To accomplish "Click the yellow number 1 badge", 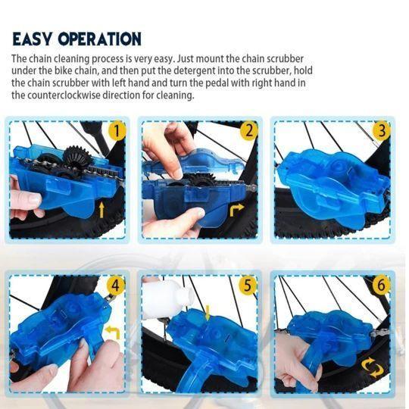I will tap(116, 131).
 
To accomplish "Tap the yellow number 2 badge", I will tap(247, 131).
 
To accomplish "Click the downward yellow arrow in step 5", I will tap(208, 311).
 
